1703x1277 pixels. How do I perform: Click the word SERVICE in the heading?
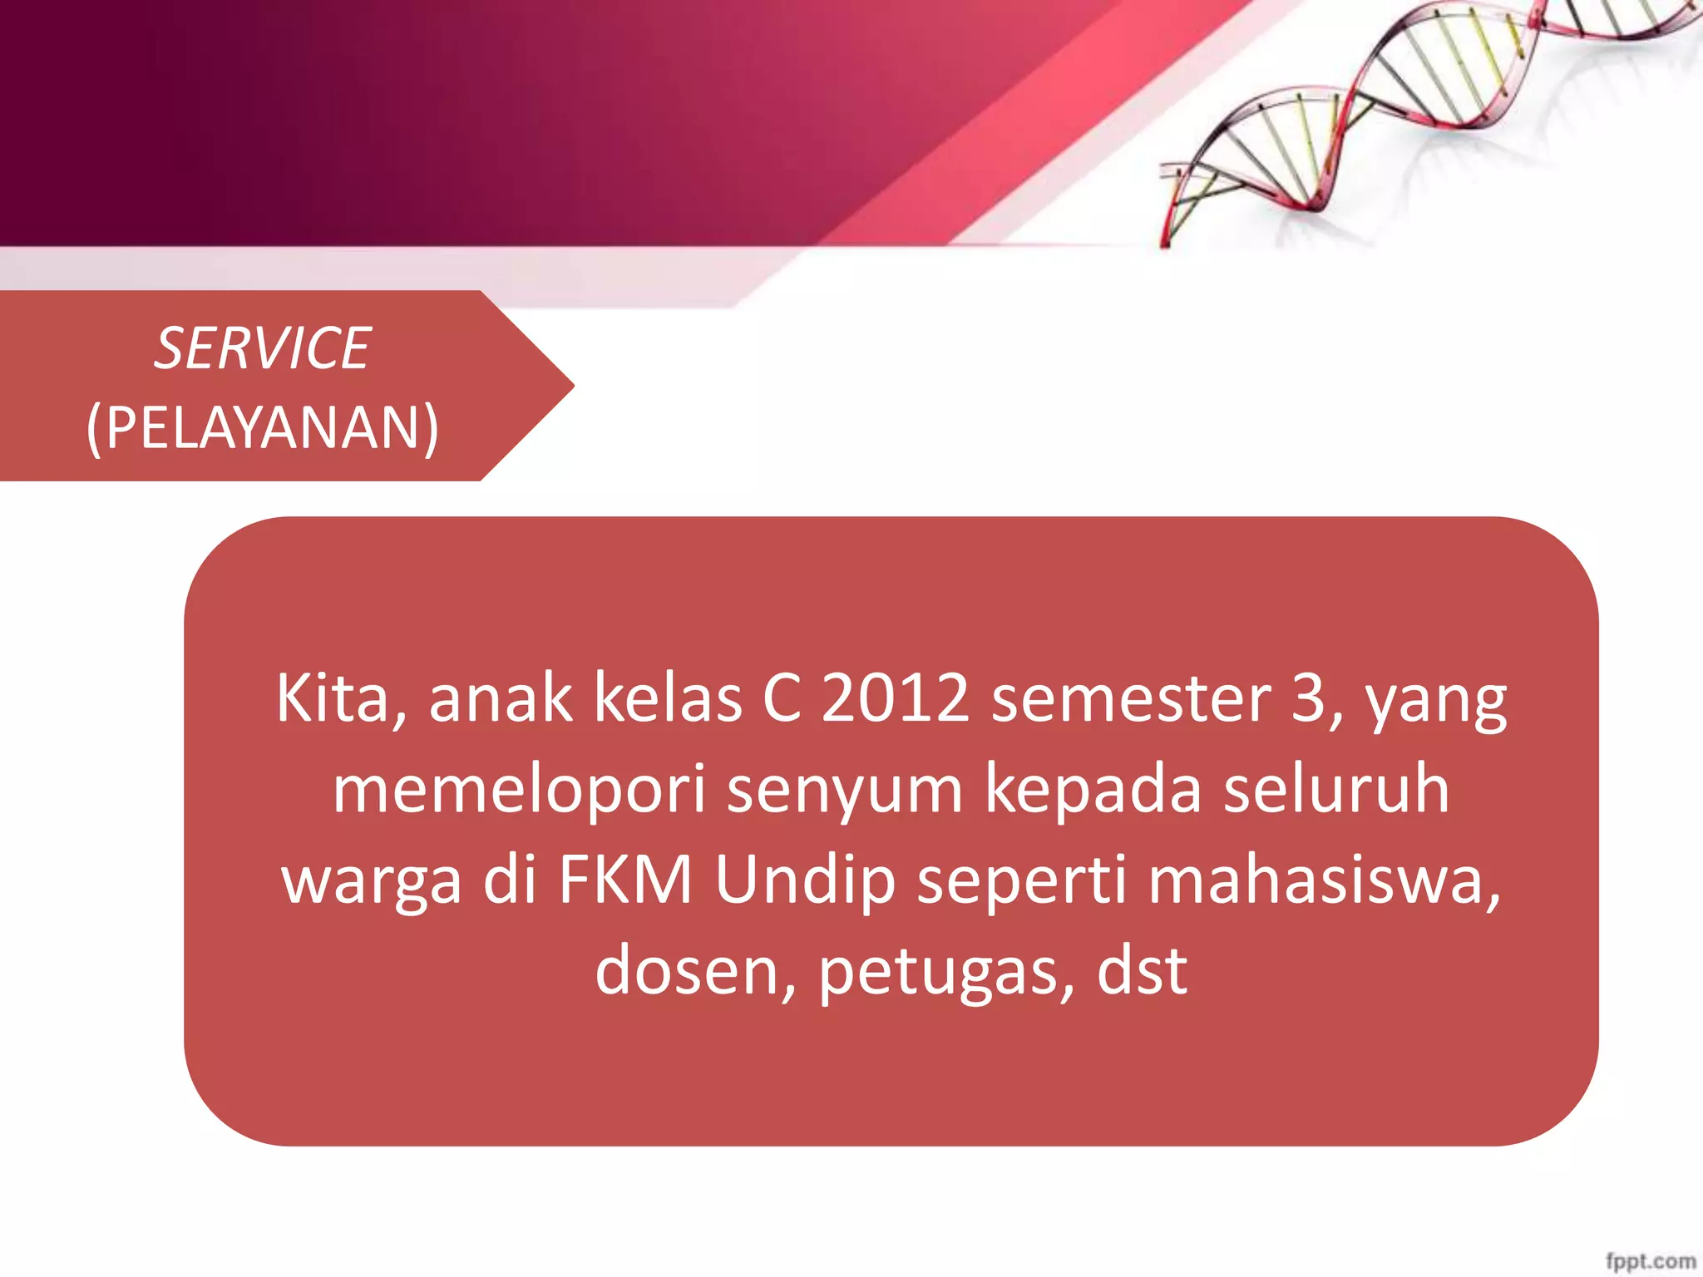262,348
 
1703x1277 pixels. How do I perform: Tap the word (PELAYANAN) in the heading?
262,428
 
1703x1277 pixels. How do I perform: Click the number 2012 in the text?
895,698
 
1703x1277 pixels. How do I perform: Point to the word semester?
1131,698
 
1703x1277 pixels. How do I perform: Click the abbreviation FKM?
625,880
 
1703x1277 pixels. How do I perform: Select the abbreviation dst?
1142,971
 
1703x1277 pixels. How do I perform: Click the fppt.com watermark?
1650,1260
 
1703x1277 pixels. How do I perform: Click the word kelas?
668,698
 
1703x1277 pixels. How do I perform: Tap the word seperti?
1021,880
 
